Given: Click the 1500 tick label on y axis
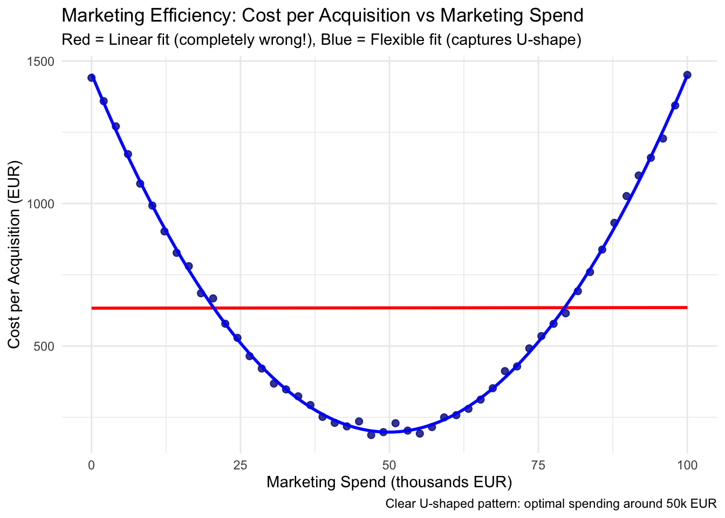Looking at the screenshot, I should coord(42,62).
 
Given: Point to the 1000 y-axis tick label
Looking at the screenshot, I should coord(42,204).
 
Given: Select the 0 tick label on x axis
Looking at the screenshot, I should coord(92,465).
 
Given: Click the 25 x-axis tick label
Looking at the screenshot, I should coord(241,465).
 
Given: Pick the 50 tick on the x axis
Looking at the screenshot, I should coord(389,465).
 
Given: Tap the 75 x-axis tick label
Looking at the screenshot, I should coord(538,465).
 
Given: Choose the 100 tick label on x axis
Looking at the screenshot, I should coord(687,465).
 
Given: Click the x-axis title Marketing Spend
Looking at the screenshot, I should coord(389,482).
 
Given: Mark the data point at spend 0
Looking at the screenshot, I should coord(92,78).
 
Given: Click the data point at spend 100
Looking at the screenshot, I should coord(687,75).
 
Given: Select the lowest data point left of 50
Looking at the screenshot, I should coord(371,434).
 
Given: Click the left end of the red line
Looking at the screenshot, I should coord(92,308).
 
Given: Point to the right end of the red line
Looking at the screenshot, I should coord(687,308).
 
